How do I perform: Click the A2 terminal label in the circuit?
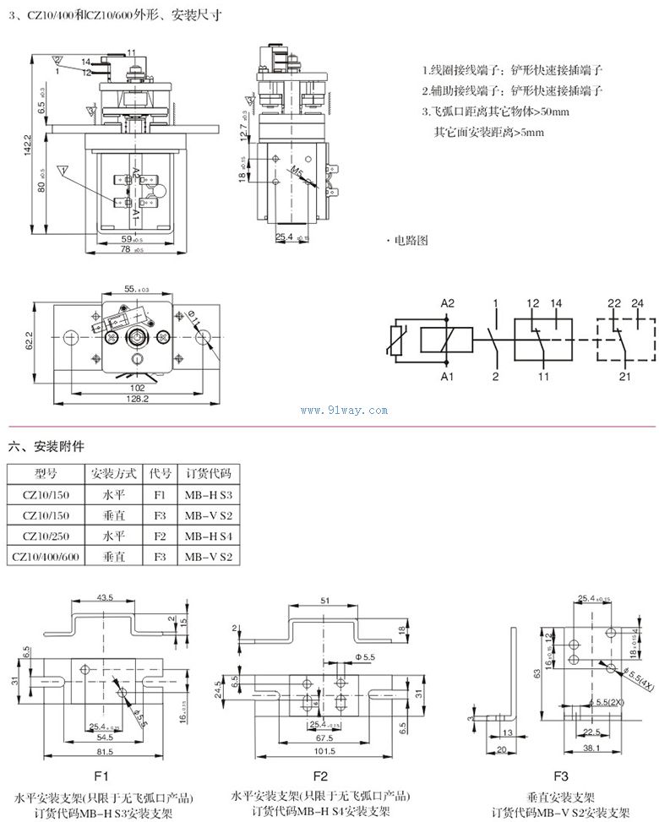(448, 302)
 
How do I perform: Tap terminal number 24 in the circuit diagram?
(637, 302)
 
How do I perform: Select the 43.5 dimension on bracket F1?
(106, 597)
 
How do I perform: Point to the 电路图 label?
(411, 240)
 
